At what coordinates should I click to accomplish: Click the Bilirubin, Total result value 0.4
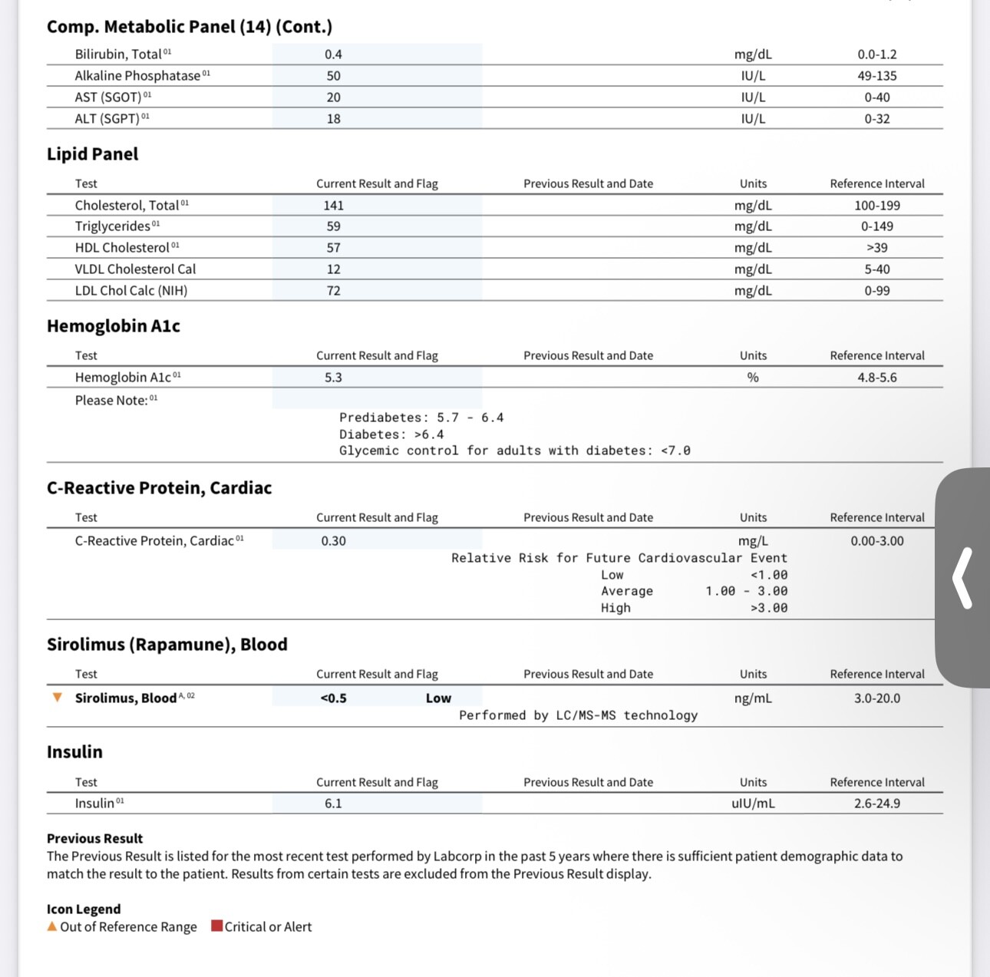point(333,54)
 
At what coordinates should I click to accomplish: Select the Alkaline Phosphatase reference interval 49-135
point(876,76)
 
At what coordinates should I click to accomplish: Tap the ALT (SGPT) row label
point(107,119)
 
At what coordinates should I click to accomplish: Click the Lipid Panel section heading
point(93,154)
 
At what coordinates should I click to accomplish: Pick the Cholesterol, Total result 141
point(333,206)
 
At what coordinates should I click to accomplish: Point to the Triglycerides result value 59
point(333,226)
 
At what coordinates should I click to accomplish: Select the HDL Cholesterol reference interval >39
point(876,248)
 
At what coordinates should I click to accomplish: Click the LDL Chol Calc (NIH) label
point(131,291)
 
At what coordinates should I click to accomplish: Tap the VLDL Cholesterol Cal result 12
point(333,269)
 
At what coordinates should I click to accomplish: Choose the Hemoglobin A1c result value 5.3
point(333,378)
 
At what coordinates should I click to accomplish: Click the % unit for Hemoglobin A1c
point(753,378)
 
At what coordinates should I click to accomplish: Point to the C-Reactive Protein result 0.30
point(333,541)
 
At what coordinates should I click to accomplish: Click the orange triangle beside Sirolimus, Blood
point(57,698)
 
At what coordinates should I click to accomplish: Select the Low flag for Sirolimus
point(438,698)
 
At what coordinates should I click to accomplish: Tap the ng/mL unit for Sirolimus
point(753,698)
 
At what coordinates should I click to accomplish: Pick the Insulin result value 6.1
point(333,804)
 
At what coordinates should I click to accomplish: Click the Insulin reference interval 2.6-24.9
point(876,804)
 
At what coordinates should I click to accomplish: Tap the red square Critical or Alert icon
point(217,926)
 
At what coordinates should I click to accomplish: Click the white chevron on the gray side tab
point(962,578)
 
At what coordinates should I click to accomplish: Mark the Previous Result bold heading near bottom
point(94,839)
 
